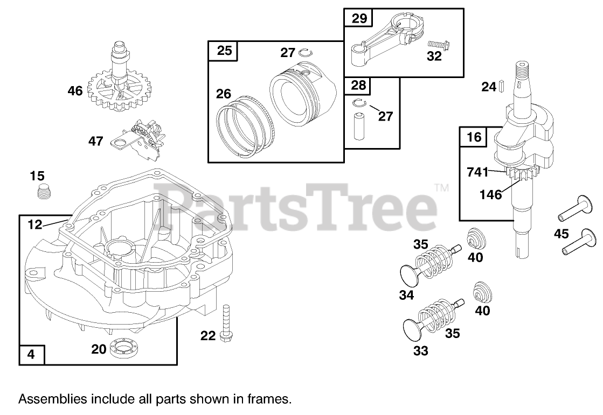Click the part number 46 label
pyautogui.click(x=75, y=91)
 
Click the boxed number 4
pyautogui.click(x=31, y=354)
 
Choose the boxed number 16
pyautogui.click(x=474, y=137)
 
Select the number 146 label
pyautogui.click(x=491, y=194)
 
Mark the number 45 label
pyautogui.click(x=562, y=234)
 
